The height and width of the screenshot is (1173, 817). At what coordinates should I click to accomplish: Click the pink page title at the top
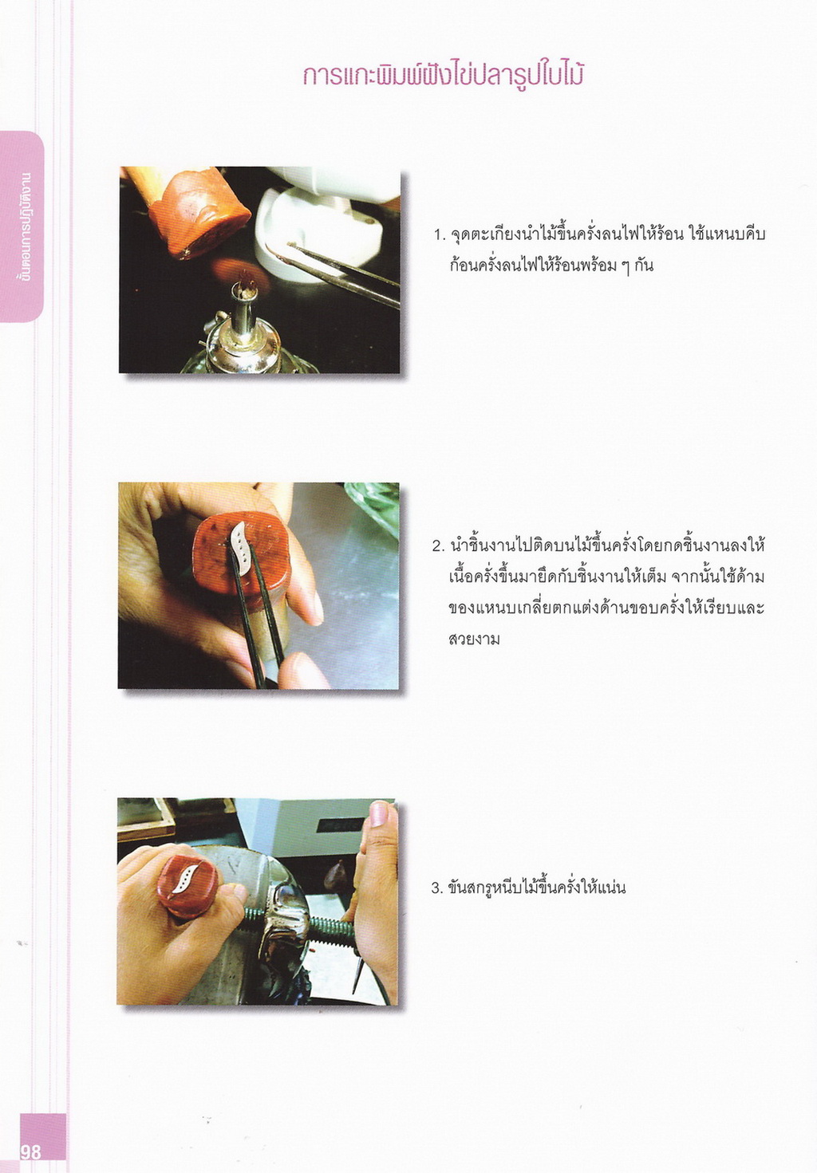(x=443, y=75)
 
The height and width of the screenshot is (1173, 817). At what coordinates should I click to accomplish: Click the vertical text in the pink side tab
(x=24, y=225)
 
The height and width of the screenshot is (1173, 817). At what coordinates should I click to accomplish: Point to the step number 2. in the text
(x=438, y=547)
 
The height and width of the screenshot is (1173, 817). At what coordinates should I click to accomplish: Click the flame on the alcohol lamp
(x=247, y=280)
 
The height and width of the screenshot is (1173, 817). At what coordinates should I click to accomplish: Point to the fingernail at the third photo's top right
(x=378, y=814)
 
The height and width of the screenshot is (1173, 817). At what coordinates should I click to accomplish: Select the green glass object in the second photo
(x=373, y=506)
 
